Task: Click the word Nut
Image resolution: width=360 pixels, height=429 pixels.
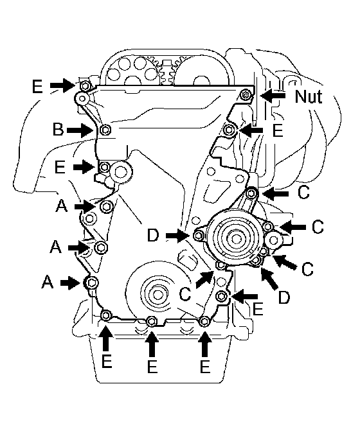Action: (308, 96)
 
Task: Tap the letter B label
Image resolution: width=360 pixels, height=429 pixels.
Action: (58, 129)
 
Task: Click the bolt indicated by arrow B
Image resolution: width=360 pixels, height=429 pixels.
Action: (105, 130)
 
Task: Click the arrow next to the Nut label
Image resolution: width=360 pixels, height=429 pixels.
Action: (273, 96)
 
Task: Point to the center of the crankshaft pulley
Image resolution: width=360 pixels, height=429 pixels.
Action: (157, 295)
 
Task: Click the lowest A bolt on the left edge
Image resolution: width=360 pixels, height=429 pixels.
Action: (91, 283)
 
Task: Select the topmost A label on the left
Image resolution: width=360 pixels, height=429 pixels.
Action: (61, 206)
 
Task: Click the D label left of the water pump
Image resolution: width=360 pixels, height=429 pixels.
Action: (153, 236)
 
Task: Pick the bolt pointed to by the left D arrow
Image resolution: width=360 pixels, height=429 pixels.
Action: (199, 235)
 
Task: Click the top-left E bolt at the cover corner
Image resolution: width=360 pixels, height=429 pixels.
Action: (85, 87)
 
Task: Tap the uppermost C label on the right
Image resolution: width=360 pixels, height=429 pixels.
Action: (303, 192)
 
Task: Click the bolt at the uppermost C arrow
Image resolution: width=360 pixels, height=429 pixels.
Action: (252, 193)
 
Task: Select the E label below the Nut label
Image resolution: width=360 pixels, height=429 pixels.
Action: (278, 130)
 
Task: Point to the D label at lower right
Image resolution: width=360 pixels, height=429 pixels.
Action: (284, 297)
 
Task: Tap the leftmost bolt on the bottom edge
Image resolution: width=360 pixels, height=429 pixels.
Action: (106, 315)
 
